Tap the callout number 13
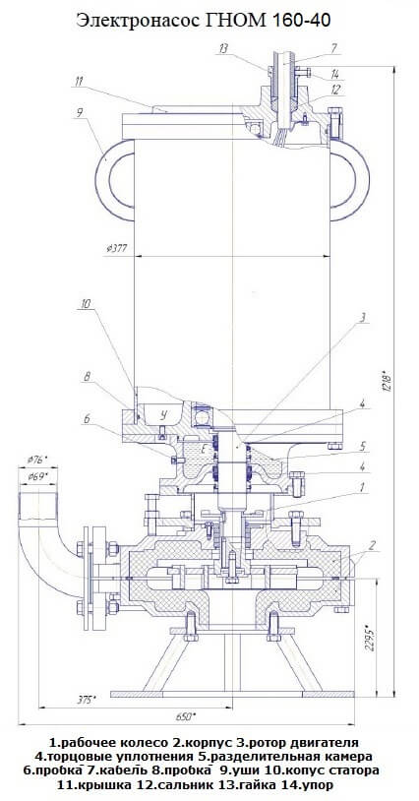223,48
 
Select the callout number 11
79,81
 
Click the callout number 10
86,303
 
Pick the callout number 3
362,318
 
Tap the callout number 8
87,378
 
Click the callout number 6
87,418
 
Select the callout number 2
373,545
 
